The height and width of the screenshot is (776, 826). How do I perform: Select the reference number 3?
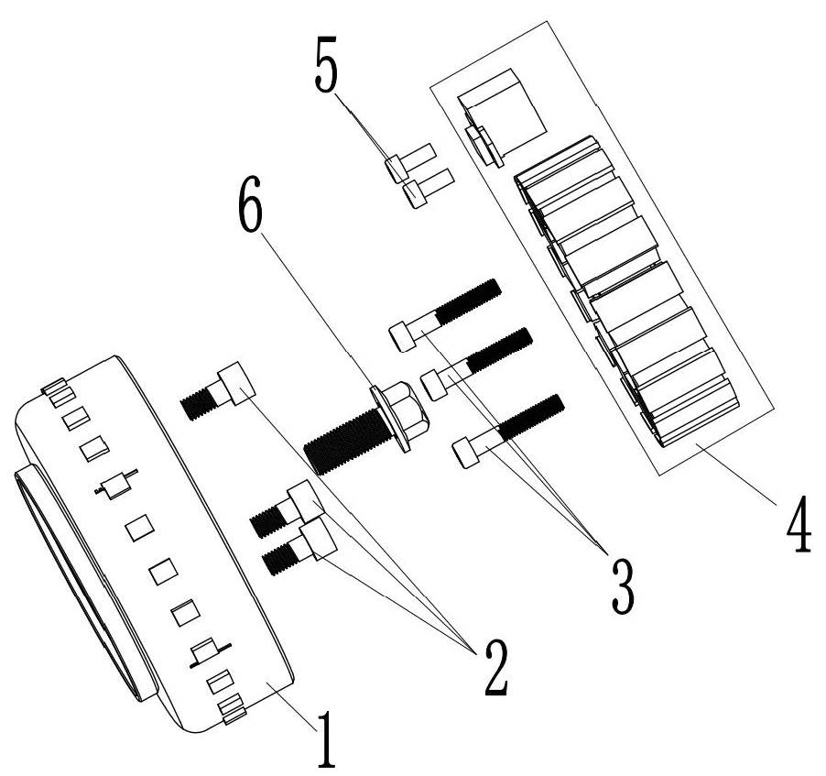621,586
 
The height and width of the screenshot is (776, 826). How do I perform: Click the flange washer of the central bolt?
383,421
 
